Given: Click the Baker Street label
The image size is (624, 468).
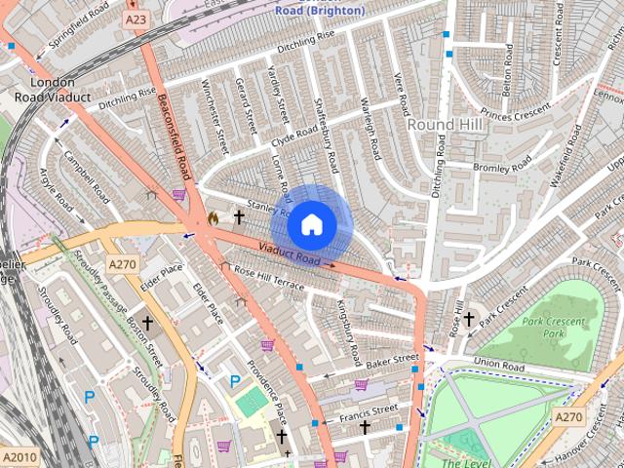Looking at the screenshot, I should point(391,361).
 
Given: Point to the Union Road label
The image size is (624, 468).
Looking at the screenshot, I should point(498,365).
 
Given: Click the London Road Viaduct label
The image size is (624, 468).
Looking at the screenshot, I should point(53,90).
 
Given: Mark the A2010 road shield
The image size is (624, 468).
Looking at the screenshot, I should point(18,457).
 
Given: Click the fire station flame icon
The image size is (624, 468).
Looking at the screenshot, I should point(214,219).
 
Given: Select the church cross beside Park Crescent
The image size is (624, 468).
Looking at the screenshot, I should point(468,319).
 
